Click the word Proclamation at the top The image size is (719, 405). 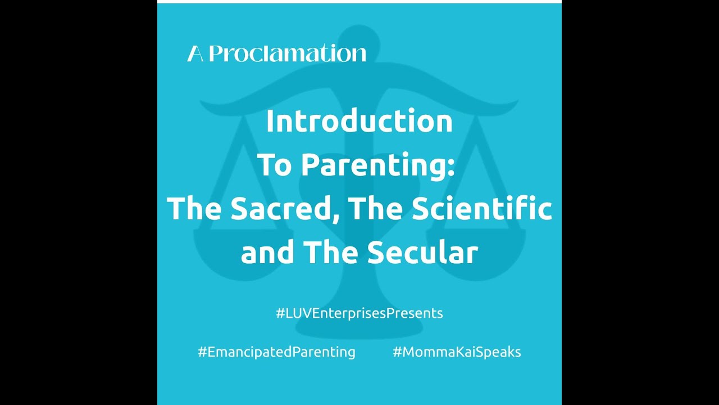point(288,54)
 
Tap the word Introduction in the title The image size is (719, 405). point(359,121)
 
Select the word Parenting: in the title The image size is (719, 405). point(377,165)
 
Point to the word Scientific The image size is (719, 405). point(482,209)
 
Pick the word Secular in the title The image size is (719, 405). point(422,253)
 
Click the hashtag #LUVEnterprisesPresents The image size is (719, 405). point(359,313)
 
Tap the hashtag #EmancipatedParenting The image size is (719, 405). point(276,352)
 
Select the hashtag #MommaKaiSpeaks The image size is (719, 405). point(457,352)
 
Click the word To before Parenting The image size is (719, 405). point(275,165)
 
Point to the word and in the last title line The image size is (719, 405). point(267,253)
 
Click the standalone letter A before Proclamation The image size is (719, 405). point(195,54)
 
